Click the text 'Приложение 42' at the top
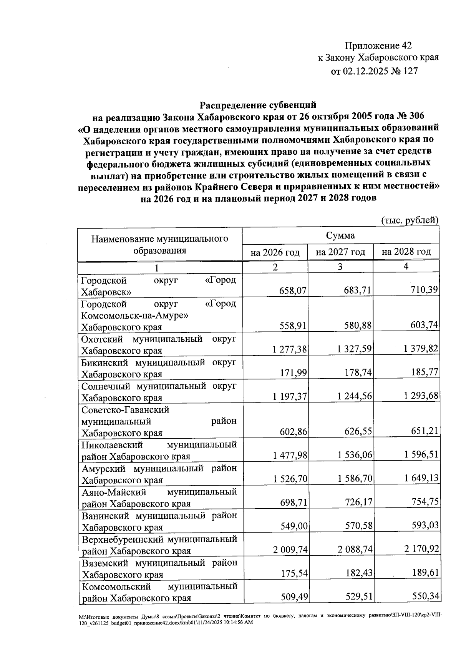378,46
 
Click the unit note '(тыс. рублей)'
410,220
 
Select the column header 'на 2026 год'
275,252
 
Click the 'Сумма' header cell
340,235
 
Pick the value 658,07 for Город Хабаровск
293,291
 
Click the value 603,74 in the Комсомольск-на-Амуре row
425,326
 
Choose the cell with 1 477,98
290,456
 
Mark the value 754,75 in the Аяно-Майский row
425,502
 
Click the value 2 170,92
421,549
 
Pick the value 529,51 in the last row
358,597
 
